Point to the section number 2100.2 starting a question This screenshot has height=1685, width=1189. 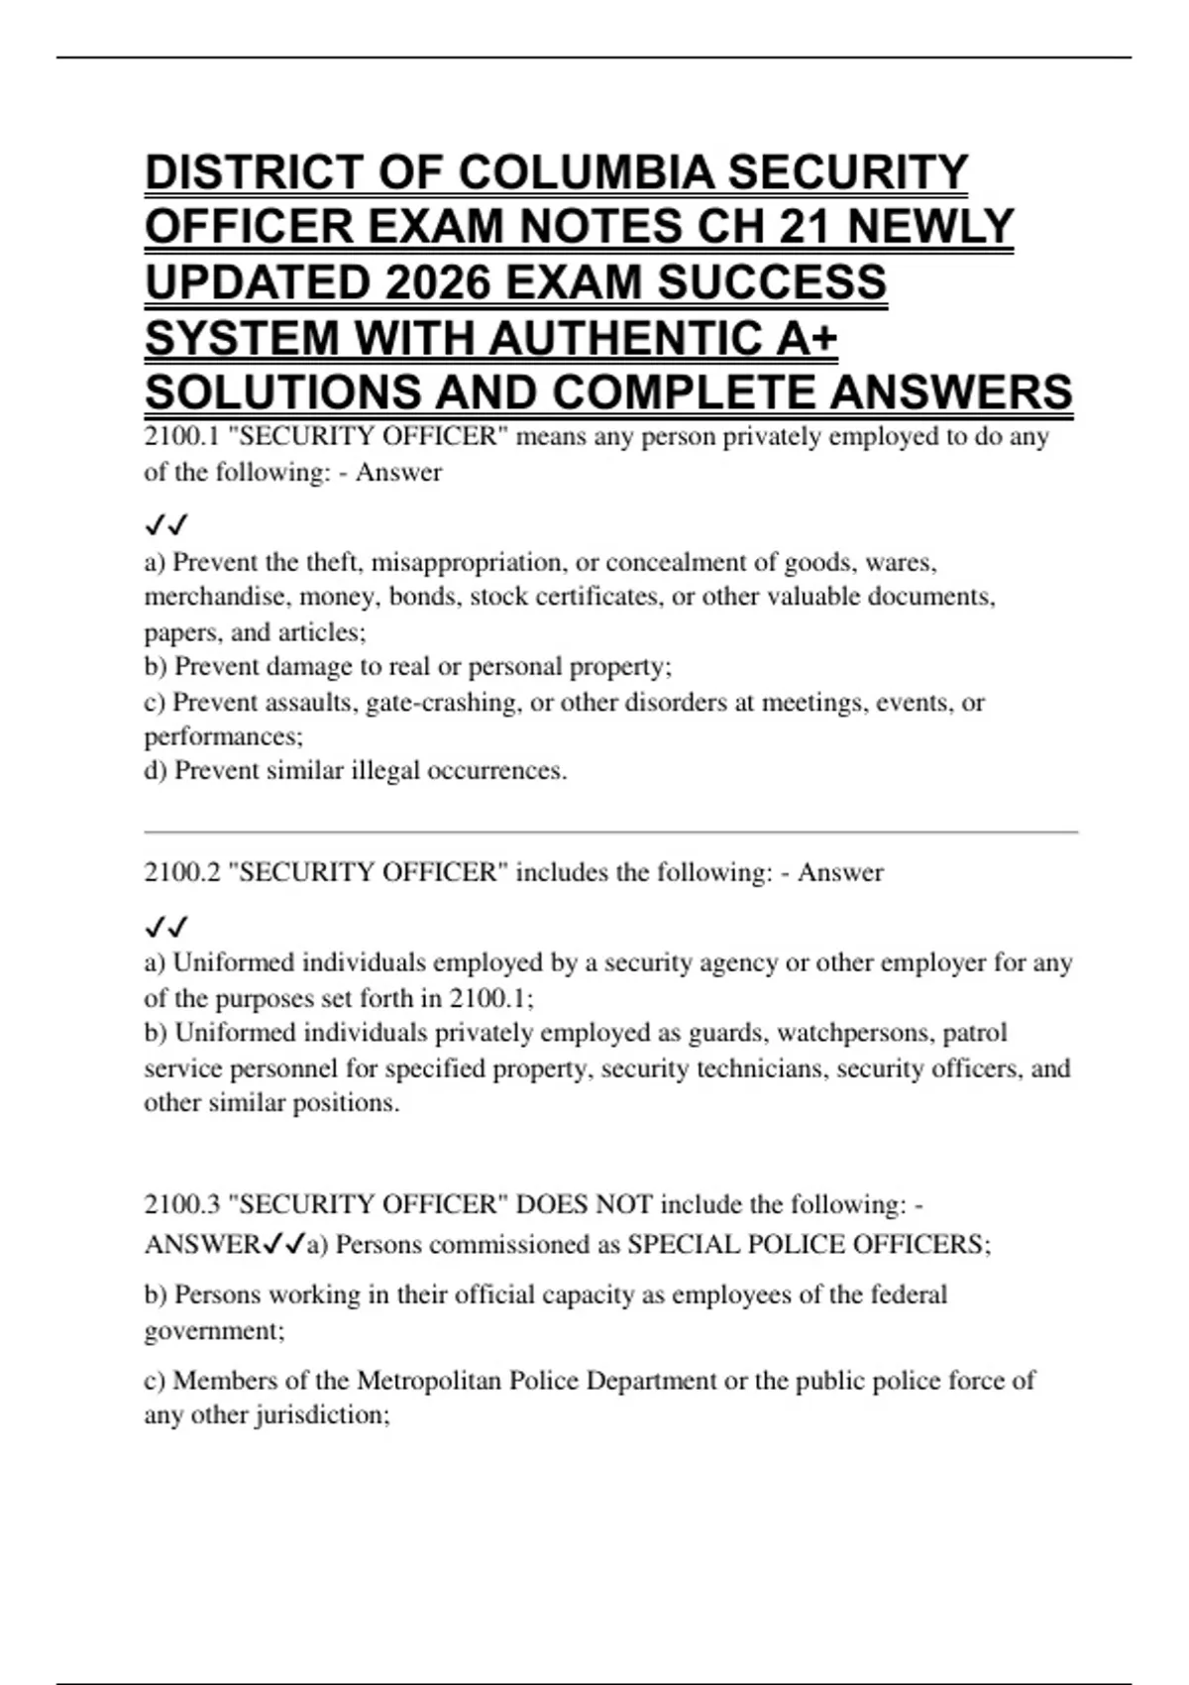(x=180, y=873)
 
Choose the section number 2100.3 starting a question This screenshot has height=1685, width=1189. (x=180, y=1205)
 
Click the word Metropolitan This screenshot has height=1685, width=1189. (x=428, y=1381)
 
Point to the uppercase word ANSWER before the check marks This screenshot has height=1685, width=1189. (x=201, y=1245)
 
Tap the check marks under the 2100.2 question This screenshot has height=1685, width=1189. (x=166, y=927)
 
